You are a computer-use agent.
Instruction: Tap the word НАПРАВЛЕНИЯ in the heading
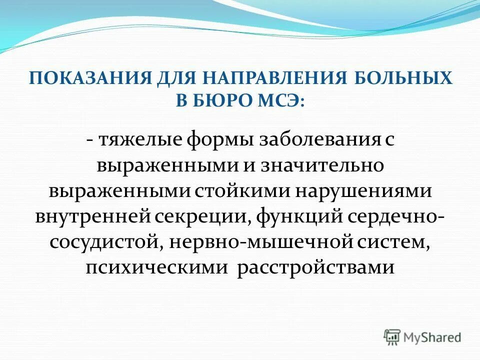point(260,79)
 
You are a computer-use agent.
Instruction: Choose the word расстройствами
point(315,268)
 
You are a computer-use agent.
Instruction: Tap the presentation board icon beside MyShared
point(392,336)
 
